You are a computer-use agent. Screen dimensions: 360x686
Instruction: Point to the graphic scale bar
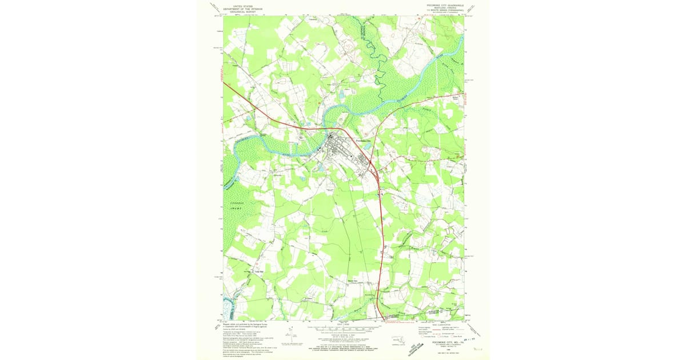343,329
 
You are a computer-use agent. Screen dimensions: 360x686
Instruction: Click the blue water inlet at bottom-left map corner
228,309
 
